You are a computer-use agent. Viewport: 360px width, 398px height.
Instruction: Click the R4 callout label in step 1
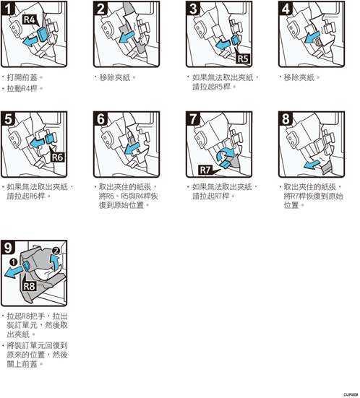pyautogui.click(x=30, y=20)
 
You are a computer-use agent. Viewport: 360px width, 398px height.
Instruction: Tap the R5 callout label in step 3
pyautogui.click(x=243, y=59)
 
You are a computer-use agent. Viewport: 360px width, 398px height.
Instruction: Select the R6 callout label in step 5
pyautogui.click(x=58, y=157)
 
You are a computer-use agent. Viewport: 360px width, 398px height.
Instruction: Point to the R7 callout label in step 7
pyautogui.click(x=205, y=170)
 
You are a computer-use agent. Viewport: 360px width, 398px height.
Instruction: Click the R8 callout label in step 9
pyautogui.click(x=30, y=286)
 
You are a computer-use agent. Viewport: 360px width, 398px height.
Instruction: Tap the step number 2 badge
pyautogui.click(x=100, y=9)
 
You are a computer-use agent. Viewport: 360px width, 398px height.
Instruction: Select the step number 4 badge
pyautogui.click(x=286, y=9)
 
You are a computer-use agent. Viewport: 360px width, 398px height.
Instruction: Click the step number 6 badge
pyautogui.click(x=100, y=118)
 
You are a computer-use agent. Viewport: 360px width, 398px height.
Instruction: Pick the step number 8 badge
pyautogui.click(x=286, y=118)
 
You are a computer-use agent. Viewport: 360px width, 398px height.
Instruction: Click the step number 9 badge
pyautogui.click(x=8, y=248)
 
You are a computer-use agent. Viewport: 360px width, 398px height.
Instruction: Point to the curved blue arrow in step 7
pyautogui.click(x=225, y=154)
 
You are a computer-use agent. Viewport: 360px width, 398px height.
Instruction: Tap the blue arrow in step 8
pyautogui.click(x=312, y=164)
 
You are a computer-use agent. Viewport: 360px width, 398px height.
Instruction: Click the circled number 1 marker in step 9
pyautogui.click(x=13, y=261)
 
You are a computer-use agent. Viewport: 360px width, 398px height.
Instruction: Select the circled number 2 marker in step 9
pyautogui.click(x=56, y=251)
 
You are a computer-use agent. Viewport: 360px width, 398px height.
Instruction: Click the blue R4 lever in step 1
pyautogui.click(x=42, y=34)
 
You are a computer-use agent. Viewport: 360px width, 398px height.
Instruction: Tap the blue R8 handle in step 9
pyautogui.click(x=26, y=267)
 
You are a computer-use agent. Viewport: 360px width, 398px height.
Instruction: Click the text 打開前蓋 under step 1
pyautogui.click(x=22, y=77)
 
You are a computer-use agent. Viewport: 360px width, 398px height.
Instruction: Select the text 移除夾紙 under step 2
pyautogui.click(x=115, y=77)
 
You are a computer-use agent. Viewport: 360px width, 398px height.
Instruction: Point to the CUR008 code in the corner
pyautogui.click(x=351, y=394)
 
